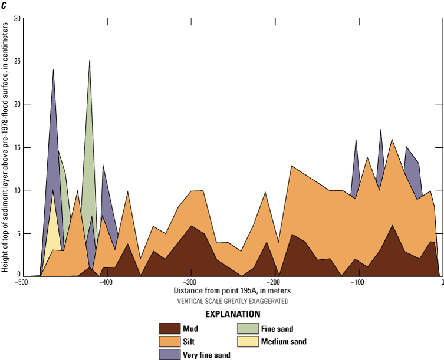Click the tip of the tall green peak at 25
[x=90, y=61]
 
